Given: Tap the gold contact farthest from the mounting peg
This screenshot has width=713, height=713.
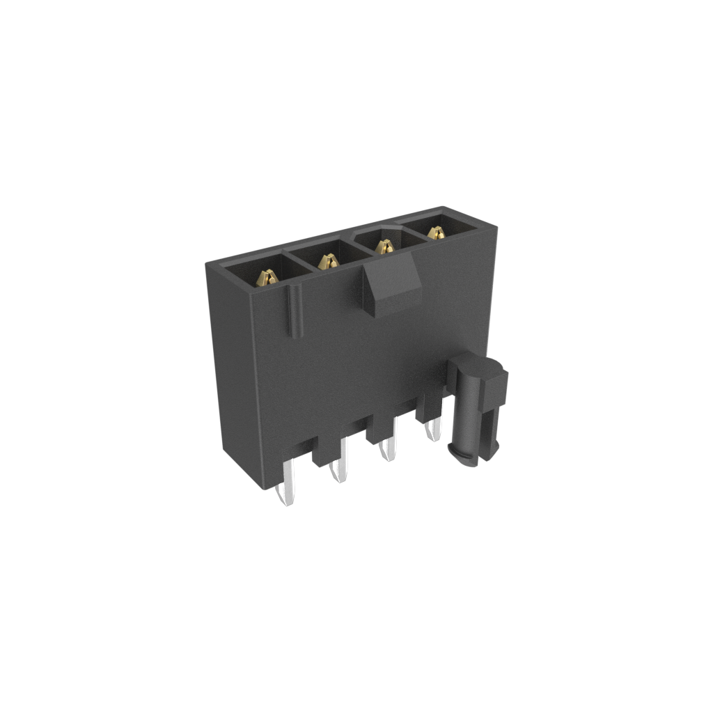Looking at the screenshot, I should pyautogui.click(x=267, y=278).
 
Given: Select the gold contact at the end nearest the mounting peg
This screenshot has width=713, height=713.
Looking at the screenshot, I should pyautogui.click(x=436, y=233).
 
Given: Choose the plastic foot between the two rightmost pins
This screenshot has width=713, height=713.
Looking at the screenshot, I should pyautogui.click(x=428, y=411).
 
